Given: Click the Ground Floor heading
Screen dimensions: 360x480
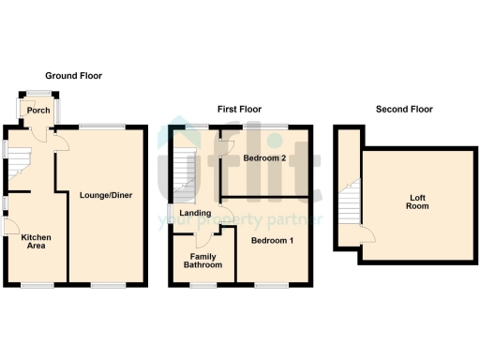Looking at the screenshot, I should tap(74, 76).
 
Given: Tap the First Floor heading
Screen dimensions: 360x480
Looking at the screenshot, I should tap(239, 110).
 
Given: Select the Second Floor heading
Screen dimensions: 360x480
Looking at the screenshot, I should tap(404, 110).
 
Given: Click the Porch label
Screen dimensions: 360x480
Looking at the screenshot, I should tap(38, 111).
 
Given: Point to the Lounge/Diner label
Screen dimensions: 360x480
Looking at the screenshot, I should tap(105, 195).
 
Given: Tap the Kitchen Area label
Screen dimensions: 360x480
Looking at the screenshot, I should tap(36, 243).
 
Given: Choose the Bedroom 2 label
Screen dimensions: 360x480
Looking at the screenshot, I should tap(263, 158).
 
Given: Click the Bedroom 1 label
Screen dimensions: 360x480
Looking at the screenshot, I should tap(271, 240).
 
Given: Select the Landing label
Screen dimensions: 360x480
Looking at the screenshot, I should tap(195, 214).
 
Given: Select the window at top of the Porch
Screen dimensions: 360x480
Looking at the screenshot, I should tap(38, 92).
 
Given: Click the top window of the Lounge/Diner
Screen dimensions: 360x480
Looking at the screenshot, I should tap(101, 126).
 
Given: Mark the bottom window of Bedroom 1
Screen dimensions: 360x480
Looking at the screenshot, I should tap(273, 284).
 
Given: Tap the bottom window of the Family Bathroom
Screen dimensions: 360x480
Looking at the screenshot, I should tap(202, 284).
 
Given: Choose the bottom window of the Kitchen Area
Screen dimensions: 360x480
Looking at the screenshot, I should tap(37, 284).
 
